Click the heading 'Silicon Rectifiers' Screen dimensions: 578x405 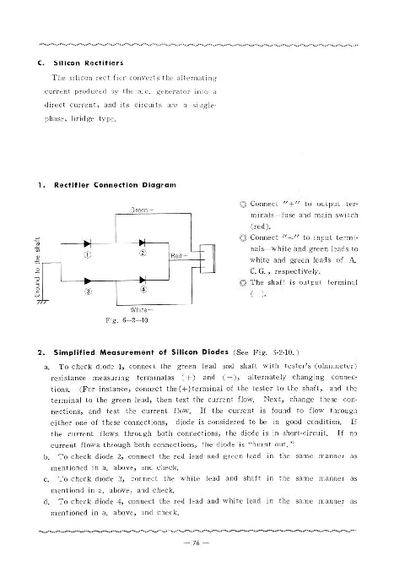pos(89,63)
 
